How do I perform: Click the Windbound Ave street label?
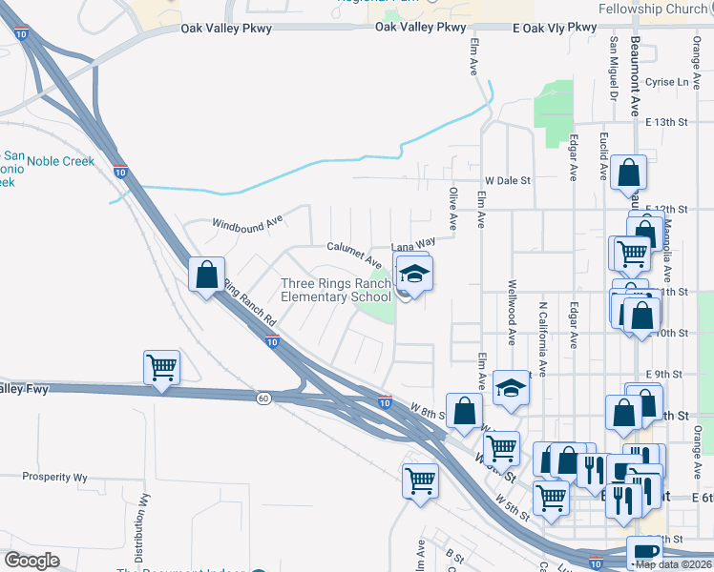(x=247, y=222)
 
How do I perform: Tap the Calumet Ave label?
(x=354, y=253)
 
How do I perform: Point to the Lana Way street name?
(x=413, y=245)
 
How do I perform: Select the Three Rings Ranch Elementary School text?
(x=336, y=290)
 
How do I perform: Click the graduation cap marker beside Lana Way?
(x=413, y=275)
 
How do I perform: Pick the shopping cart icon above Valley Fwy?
(x=162, y=368)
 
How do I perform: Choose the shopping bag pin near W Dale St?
(x=629, y=174)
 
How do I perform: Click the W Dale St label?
(x=507, y=180)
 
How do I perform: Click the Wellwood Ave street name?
(x=513, y=312)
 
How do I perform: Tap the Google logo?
(x=32, y=561)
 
